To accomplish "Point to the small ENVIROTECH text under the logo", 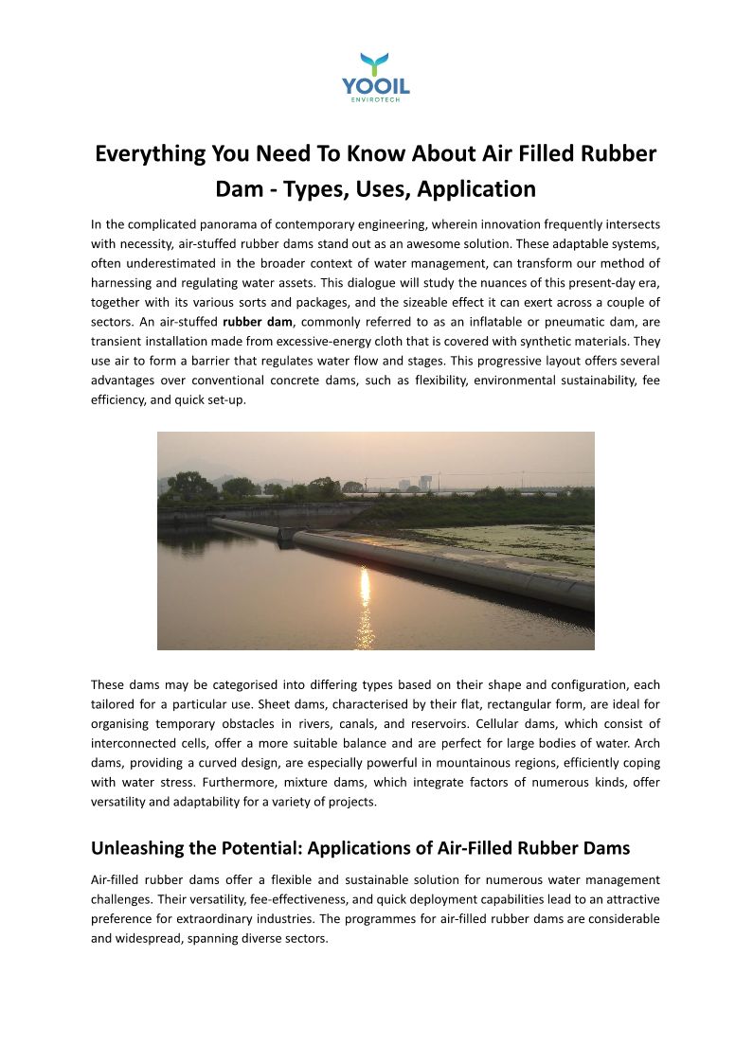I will coord(376,101).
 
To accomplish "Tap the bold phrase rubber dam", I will coord(258,321).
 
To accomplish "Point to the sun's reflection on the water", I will coord(365,596).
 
